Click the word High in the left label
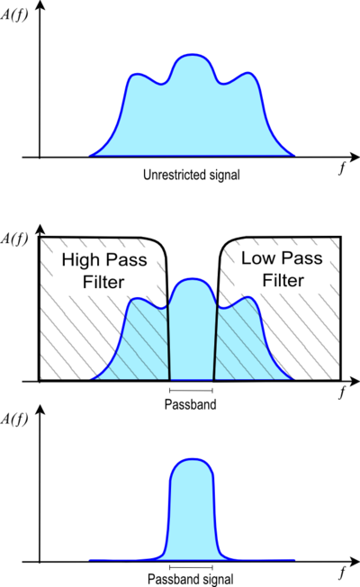click(x=78, y=261)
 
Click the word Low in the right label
click(x=256, y=258)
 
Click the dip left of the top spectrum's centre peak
click(x=164, y=84)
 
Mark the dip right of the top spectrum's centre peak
click(x=219, y=84)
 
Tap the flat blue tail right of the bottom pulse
click(x=261, y=559)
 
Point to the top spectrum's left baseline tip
click(x=90, y=155)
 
